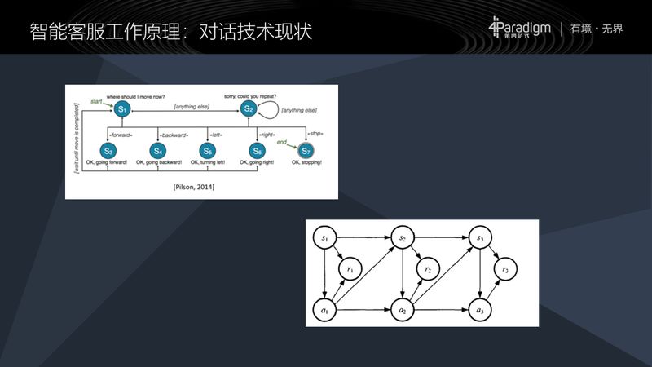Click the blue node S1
tap(121, 109)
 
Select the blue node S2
tap(249, 109)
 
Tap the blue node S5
tap(207, 151)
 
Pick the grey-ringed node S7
tap(306, 151)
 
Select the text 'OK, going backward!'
tap(158, 164)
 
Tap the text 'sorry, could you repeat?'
tap(249, 96)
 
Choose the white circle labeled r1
tap(350, 269)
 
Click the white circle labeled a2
tap(403, 311)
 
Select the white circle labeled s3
tap(480, 237)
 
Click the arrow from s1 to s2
tap(363, 237)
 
